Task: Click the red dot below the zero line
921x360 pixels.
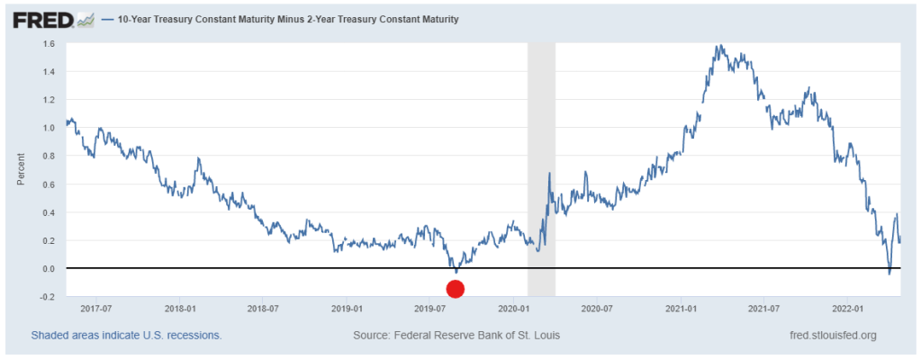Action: (455, 289)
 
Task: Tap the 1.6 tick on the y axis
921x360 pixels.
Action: (50, 43)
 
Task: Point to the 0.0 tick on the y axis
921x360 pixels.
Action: (50, 268)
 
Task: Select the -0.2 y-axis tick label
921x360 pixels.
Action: (48, 296)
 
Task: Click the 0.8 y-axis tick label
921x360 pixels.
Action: (50, 156)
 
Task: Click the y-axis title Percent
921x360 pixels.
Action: (20, 169)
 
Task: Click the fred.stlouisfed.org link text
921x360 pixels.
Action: (833, 335)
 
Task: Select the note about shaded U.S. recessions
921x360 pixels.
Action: (126, 335)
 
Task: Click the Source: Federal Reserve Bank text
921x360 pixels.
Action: (457, 335)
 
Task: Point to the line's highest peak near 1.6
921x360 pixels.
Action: (718, 45)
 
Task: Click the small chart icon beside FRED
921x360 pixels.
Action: (86, 19)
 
